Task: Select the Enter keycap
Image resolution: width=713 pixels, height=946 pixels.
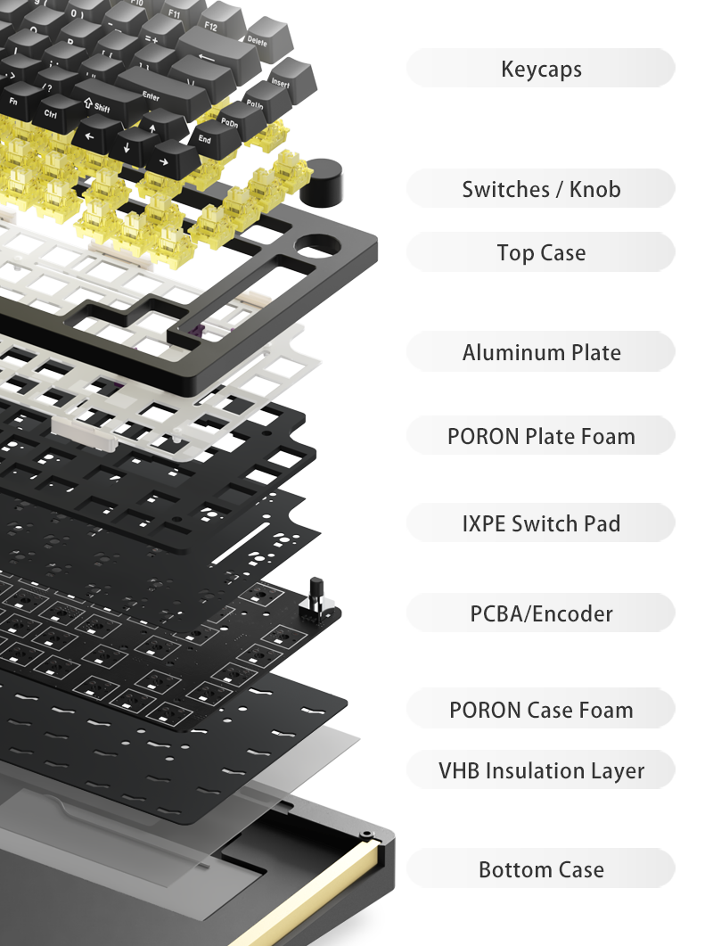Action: (151, 92)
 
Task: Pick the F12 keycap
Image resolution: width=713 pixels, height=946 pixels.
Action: (212, 26)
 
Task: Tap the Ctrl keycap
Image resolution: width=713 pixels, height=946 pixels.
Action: (51, 113)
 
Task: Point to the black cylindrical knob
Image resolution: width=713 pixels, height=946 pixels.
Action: (318, 182)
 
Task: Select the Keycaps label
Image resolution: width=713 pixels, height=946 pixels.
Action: (541, 69)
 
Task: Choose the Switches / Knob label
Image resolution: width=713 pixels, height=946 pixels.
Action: (541, 189)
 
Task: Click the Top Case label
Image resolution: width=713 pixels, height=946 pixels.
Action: (541, 252)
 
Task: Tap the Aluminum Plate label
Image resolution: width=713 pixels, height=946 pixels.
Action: (541, 352)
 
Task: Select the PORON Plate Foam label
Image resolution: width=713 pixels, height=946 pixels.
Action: (541, 436)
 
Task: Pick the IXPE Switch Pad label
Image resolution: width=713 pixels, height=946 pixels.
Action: (541, 523)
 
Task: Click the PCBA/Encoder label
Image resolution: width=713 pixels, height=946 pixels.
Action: (541, 613)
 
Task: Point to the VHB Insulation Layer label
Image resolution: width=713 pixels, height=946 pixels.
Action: (541, 770)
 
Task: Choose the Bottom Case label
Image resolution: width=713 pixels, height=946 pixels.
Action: (541, 869)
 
